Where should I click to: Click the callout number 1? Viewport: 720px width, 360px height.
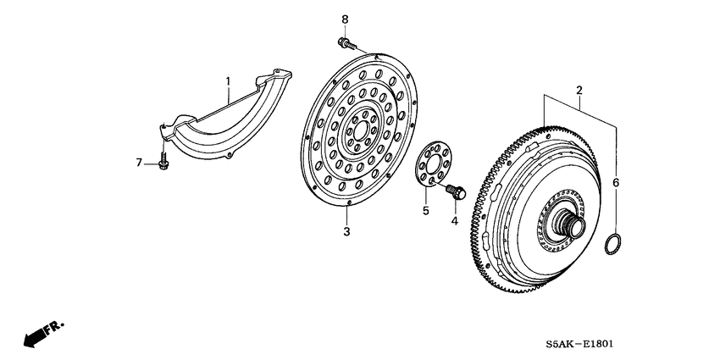tap(227, 81)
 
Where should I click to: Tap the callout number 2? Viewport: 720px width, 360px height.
tap(579, 90)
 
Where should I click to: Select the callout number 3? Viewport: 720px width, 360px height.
tap(346, 230)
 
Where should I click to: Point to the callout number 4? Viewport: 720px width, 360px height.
tap(453, 221)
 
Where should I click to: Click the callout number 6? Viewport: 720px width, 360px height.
tap(616, 182)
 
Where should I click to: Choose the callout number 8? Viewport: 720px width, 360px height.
tap(344, 19)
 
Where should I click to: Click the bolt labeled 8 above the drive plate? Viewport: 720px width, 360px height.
tap(346, 42)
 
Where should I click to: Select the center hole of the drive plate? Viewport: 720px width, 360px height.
tap(359, 131)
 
